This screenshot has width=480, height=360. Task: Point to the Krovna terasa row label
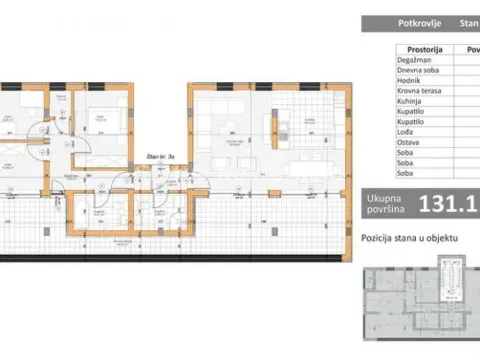click(x=393, y=95)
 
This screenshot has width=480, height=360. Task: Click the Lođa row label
click(x=380, y=129)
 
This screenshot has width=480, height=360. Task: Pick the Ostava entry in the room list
click(x=383, y=140)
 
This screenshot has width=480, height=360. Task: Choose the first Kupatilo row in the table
click(x=386, y=118)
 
